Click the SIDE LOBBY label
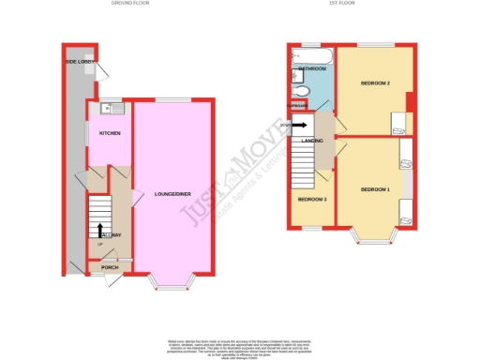point(78,62)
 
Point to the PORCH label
point(110,267)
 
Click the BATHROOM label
point(311,69)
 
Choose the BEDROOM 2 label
point(374,84)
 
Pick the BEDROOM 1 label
point(374,189)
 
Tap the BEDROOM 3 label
point(312,200)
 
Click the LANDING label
point(313,142)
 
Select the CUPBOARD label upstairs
point(299,105)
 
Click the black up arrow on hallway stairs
point(99,230)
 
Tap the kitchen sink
point(110,105)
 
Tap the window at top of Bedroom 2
point(374,45)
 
